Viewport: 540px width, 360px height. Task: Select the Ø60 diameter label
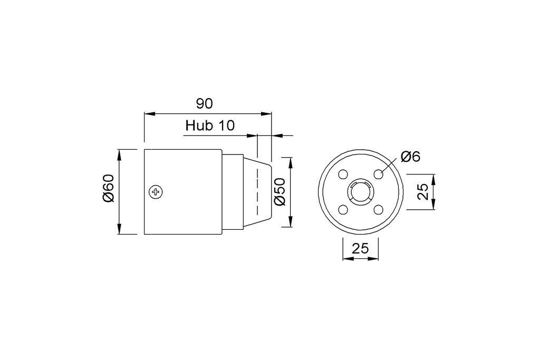(109, 189)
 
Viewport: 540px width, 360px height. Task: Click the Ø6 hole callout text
(410, 157)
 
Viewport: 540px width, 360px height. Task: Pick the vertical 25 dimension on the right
(423, 192)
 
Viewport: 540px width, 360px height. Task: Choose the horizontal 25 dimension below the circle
(360, 248)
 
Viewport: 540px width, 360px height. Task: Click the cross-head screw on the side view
(156, 192)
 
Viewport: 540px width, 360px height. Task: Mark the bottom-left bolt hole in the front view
(343, 210)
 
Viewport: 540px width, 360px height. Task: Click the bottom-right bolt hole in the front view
(378, 210)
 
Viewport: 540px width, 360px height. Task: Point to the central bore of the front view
(361, 192)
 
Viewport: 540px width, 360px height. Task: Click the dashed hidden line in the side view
(257, 192)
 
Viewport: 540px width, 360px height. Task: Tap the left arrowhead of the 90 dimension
(149, 113)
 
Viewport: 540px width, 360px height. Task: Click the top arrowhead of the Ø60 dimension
(120, 153)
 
